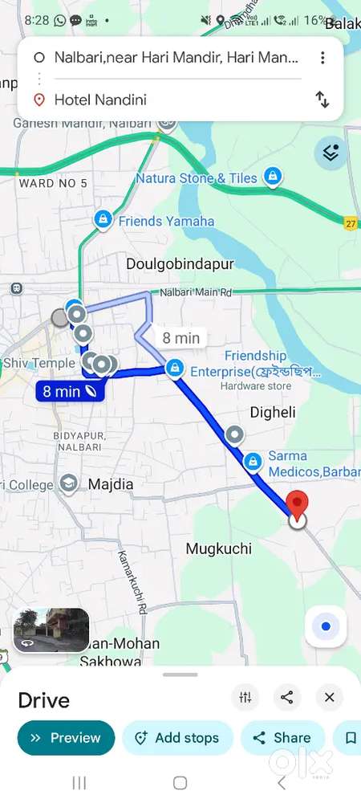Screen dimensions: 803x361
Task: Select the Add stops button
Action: (177, 738)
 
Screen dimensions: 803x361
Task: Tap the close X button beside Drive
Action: (329, 698)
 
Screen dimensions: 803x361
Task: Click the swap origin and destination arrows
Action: (322, 100)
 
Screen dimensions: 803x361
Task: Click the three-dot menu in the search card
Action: (322, 58)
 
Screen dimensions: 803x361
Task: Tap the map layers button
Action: (331, 152)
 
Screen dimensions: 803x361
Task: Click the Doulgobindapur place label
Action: (168, 263)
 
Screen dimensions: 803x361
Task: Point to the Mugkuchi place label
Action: (219, 549)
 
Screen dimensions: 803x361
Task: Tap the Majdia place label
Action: (110, 484)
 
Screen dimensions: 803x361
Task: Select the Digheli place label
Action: (273, 412)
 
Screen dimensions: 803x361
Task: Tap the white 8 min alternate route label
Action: (180, 338)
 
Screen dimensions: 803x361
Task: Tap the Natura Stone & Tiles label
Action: (197, 178)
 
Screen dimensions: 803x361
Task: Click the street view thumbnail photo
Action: (51, 630)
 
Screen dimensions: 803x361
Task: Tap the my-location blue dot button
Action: (325, 626)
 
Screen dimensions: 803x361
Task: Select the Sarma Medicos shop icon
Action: (254, 461)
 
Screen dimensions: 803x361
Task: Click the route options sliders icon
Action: (245, 698)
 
